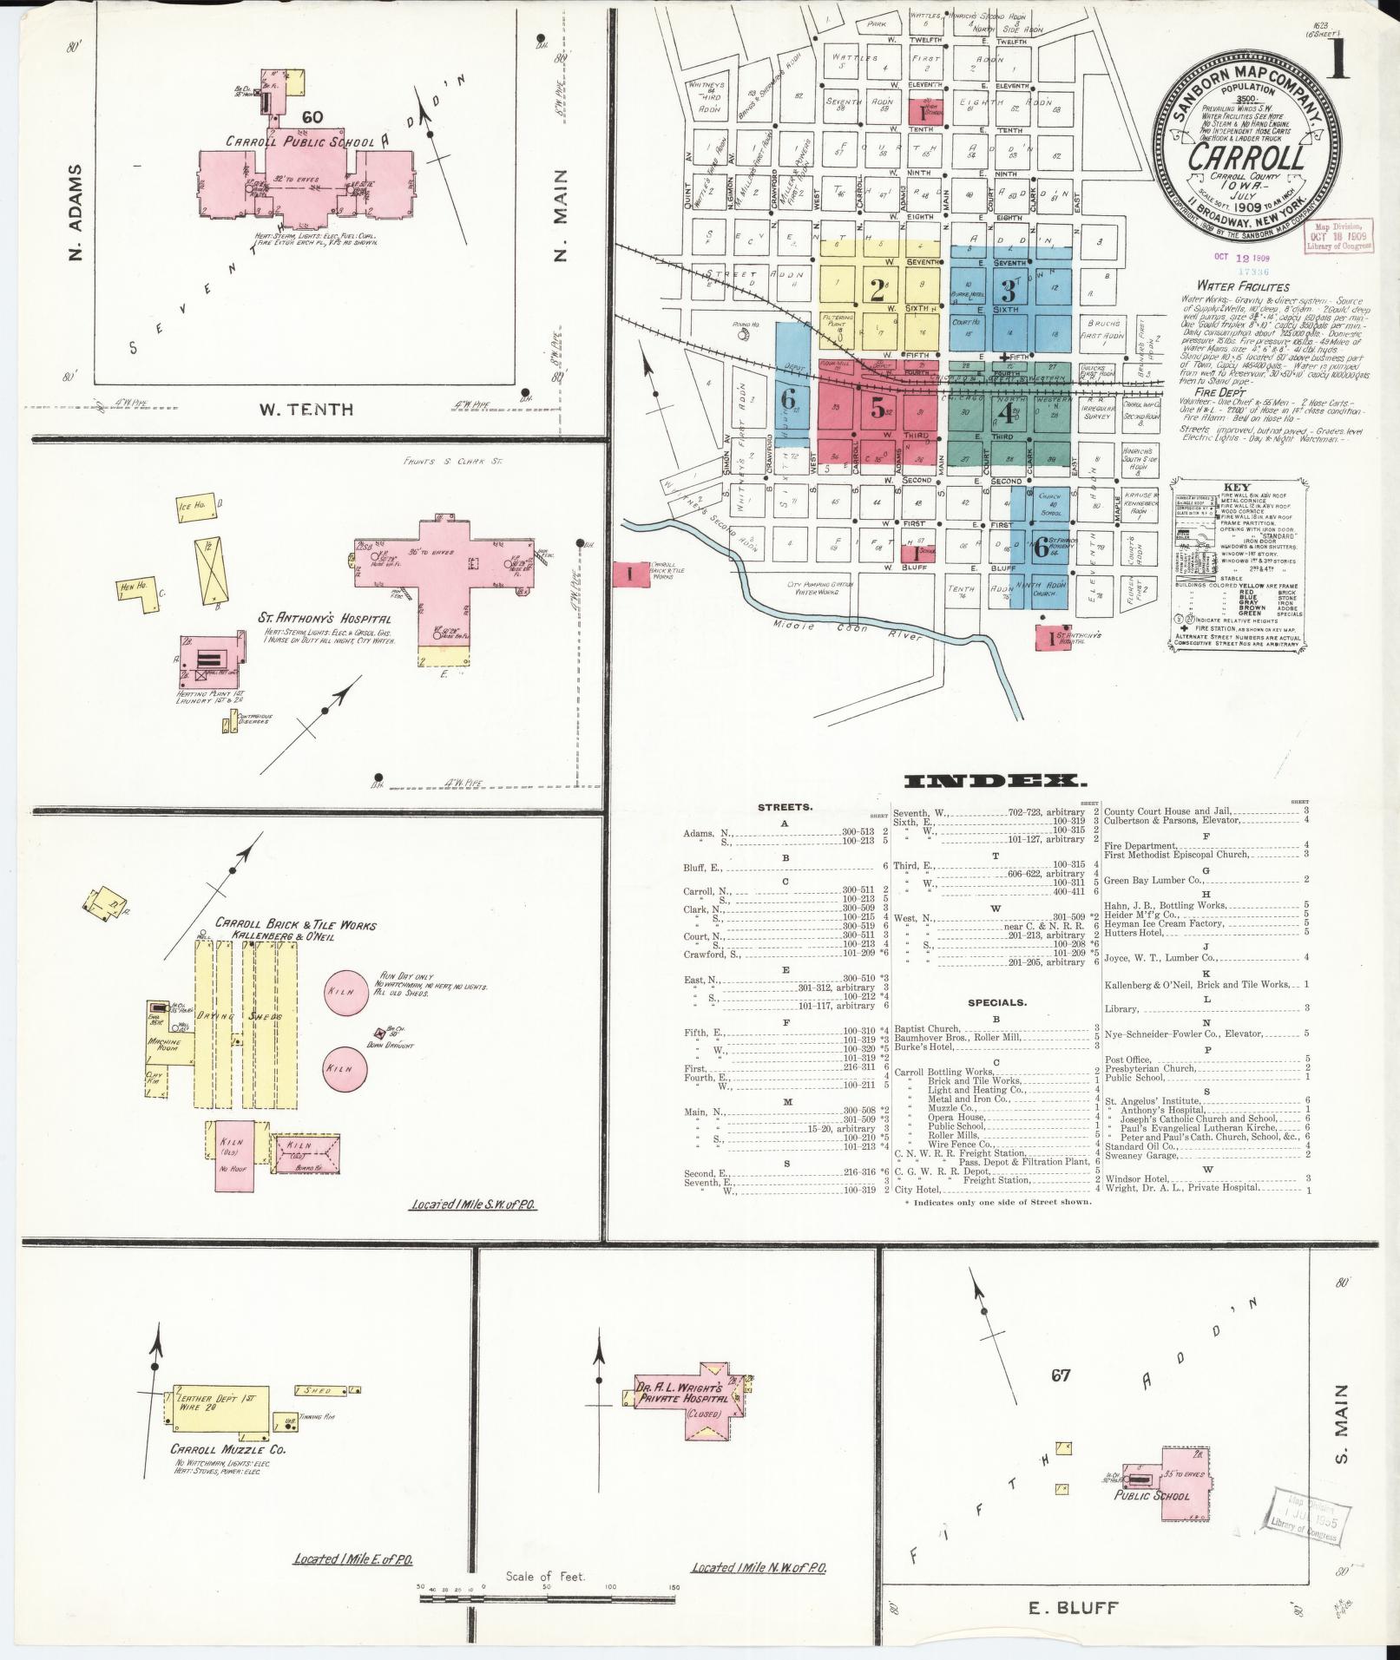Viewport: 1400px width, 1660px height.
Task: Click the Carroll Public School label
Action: point(300,141)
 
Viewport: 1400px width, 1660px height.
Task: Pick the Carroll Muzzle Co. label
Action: point(227,1449)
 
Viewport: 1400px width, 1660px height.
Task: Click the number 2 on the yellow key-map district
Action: point(878,289)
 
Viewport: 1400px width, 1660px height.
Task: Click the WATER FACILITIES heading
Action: point(1242,286)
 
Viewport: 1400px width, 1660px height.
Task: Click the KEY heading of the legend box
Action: point(1236,488)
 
